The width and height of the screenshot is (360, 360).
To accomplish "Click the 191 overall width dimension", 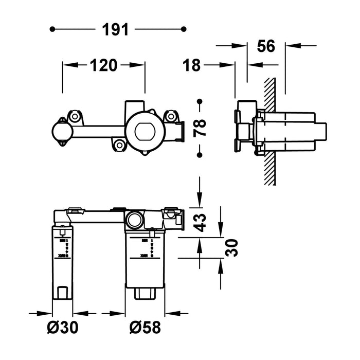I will click(x=119, y=30).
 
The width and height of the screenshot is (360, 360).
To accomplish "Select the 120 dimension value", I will click(x=104, y=65).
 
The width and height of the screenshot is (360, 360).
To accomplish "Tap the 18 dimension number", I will click(x=192, y=65).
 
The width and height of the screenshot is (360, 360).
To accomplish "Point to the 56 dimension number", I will click(x=266, y=46).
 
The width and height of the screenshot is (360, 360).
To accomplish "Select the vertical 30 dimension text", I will click(x=232, y=248).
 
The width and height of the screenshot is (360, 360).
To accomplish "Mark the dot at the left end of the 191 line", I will click(x=52, y=30).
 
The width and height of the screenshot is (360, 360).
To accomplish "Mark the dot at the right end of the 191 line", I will click(x=185, y=30).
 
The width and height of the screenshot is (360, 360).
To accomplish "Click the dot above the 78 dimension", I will click(x=200, y=101).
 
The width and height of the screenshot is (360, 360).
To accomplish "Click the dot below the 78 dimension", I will click(x=200, y=154).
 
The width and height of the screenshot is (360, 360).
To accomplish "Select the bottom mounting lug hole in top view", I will click(x=120, y=146).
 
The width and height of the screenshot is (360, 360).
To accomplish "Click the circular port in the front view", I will click(x=135, y=219).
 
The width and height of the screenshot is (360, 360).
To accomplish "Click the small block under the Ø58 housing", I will click(x=145, y=294).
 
